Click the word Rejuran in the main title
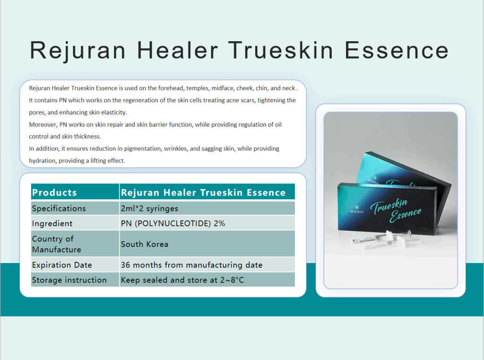(78, 50)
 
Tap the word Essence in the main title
(397, 50)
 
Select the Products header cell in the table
(75, 192)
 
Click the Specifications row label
(75, 208)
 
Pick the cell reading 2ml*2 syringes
(207, 208)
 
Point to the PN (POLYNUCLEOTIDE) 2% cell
(207, 223)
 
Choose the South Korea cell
(207, 244)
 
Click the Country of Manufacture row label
(75, 244)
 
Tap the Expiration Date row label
(75, 264)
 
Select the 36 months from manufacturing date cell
(207, 264)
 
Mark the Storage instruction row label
(75, 280)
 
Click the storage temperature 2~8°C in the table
(232, 280)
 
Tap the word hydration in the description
(42, 161)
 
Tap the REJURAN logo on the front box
(357, 211)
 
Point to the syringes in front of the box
(388, 240)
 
